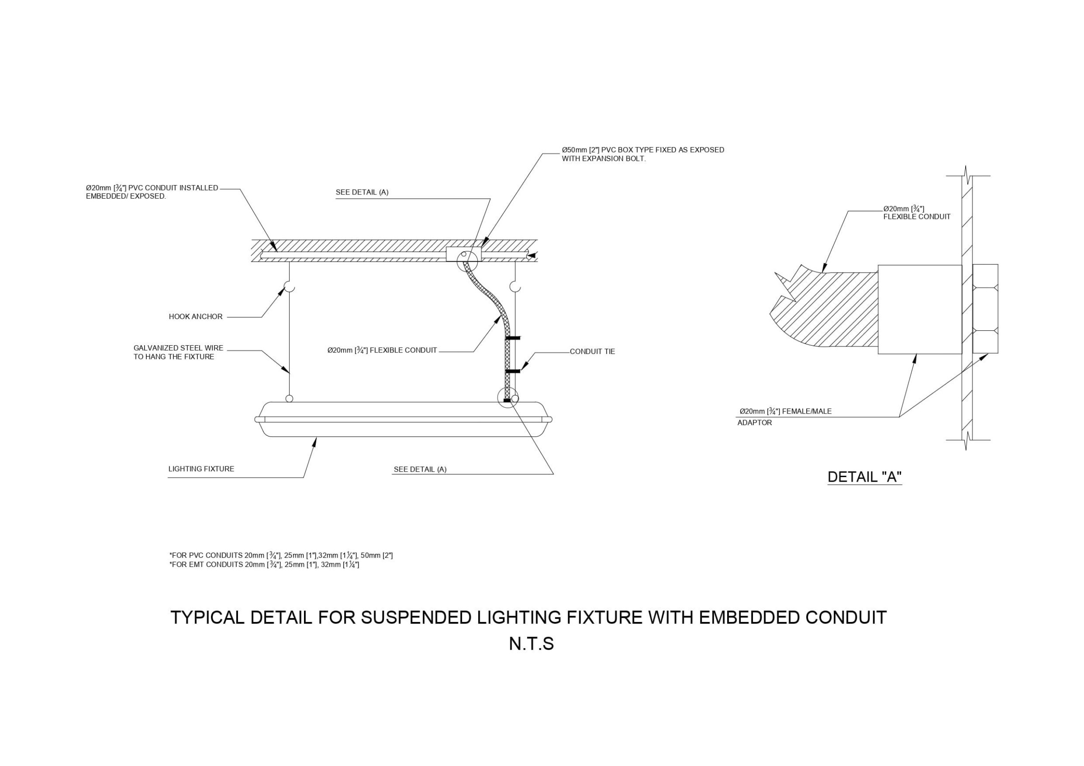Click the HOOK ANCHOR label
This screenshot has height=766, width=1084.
(x=196, y=317)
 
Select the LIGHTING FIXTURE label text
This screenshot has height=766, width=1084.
(x=201, y=469)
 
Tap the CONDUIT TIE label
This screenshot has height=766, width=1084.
(x=592, y=352)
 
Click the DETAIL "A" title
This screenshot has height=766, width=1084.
(x=864, y=477)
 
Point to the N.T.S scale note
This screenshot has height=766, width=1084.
(x=531, y=644)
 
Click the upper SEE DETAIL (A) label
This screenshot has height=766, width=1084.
(x=362, y=193)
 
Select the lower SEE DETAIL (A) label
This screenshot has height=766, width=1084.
(x=420, y=469)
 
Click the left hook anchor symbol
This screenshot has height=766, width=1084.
(x=289, y=287)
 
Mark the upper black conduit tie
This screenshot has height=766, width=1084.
(x=513, y=339)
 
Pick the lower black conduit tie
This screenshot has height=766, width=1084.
(x=513, y=371)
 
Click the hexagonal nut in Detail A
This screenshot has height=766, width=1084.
(x=986, y=309)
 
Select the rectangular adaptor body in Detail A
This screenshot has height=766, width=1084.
(x=919, y=309)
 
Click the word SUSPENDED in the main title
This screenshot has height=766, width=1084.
(x=416, y=618)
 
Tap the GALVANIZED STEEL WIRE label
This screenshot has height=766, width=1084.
(x=178, y=353)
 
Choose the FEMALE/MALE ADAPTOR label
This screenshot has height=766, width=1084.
(x=785, y=417)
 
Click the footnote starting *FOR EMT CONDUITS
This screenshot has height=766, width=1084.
(x=264, y=565)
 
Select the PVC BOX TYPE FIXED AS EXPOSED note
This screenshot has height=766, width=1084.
(x=642, y=154)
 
